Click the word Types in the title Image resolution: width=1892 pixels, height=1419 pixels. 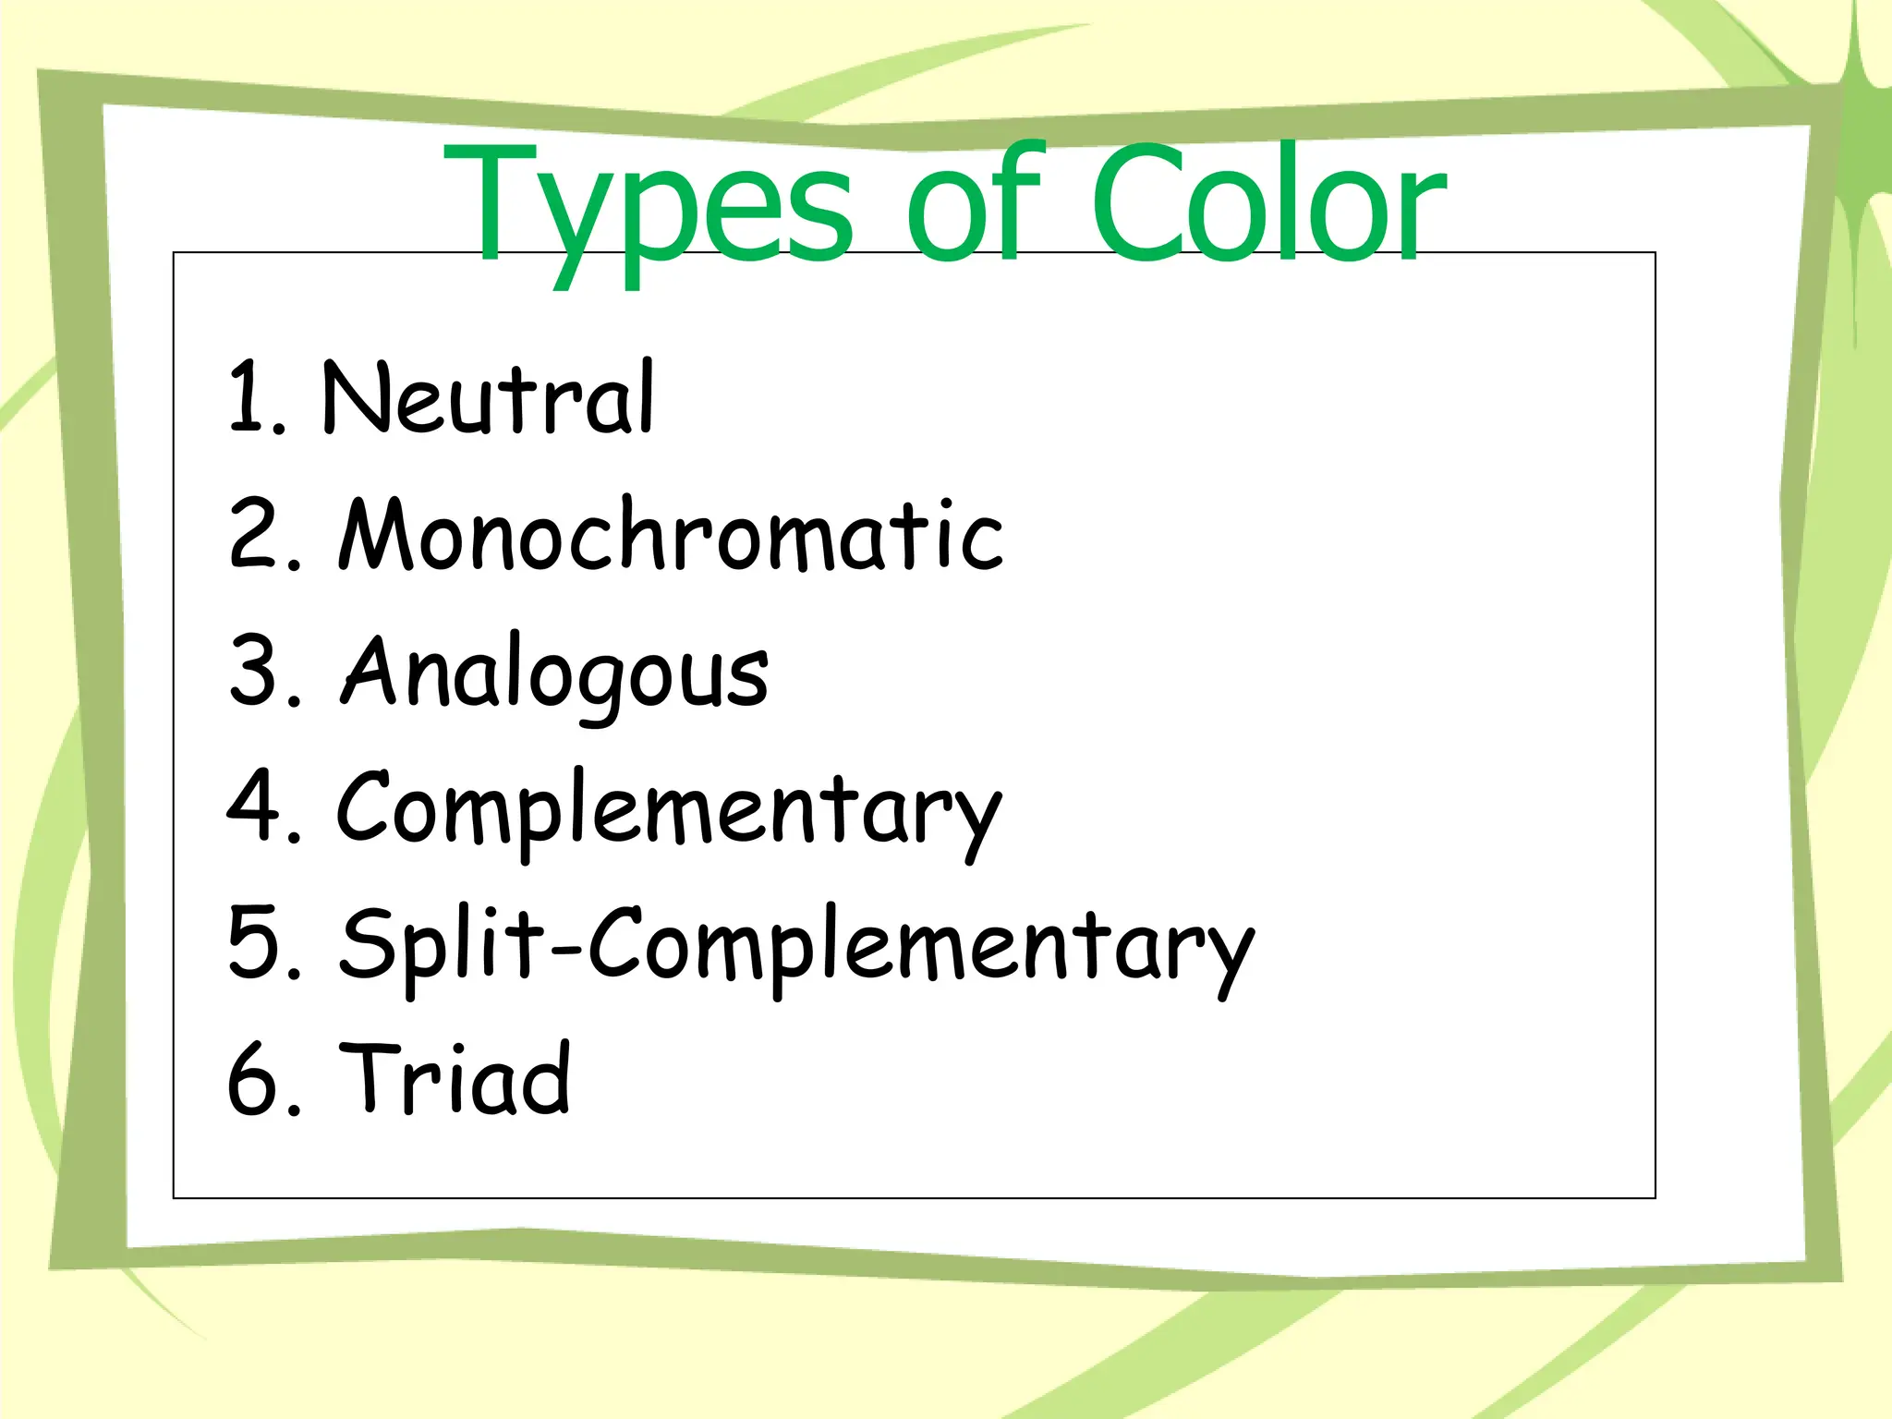647,208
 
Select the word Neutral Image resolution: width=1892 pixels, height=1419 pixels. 488,398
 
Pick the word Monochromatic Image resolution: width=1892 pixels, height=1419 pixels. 671,536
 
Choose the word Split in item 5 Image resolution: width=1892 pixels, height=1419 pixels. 444,944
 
